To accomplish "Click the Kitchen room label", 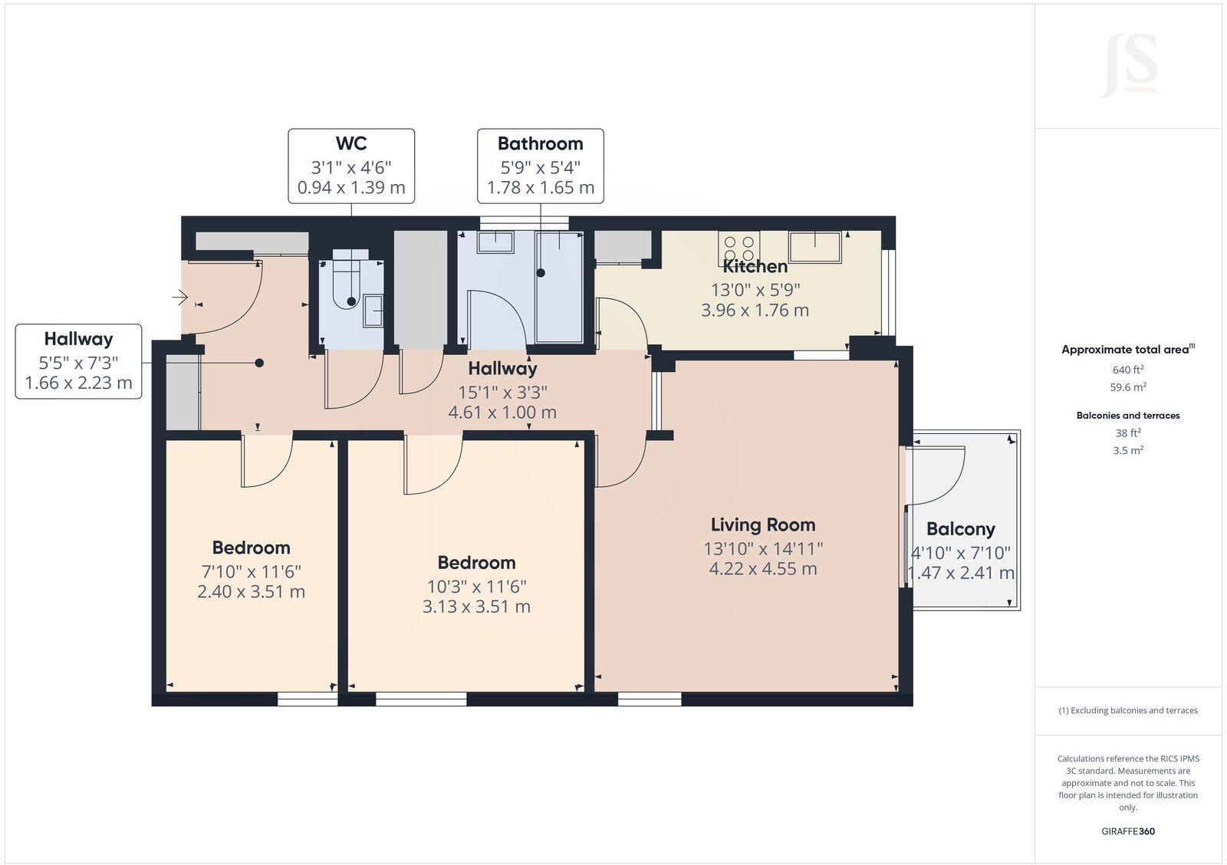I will click(755, 266).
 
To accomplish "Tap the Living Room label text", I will click(762, 525).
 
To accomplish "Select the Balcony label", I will click(960, 528).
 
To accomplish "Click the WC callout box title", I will click(350, 143).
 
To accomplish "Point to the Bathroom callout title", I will click(540, 143).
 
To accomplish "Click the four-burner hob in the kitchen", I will click(739, 248).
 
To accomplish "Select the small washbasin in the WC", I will click(373, 310).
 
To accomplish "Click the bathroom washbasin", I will click(495, 242).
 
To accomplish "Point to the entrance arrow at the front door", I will click(180, 296).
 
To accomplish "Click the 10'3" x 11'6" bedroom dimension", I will click(476, 587).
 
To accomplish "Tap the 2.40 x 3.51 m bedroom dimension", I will click(251, 592).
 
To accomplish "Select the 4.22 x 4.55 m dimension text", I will click(762, 569).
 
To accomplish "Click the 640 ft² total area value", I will click(1127, 370).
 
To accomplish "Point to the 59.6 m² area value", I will click(1127, 387).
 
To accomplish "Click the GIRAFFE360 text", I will click(1127, 831).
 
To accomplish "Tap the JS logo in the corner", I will click(1128, 66).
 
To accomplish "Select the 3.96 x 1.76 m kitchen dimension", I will click(755, 311).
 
